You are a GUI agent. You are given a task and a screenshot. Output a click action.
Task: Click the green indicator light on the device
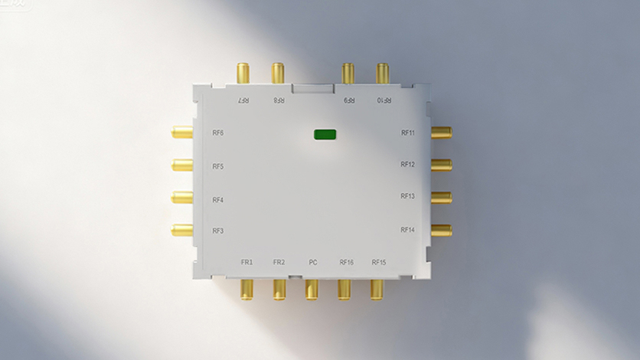(x=325, y=135)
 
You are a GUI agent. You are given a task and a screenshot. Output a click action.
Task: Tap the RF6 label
(x=218, y=133)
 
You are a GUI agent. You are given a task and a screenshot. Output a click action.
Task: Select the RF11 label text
(x=407, y=133)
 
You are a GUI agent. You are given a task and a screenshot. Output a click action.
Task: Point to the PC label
(x=312, y=263)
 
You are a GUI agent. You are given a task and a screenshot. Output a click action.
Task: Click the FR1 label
(x=247, y=263)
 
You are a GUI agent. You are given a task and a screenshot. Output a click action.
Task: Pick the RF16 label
(x=346, y=263)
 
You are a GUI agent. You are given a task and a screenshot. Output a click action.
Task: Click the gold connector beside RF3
(x=182, y=230)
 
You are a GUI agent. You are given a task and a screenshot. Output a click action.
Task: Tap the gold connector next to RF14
(x=441, y=230)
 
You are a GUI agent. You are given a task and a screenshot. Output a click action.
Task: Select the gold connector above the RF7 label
(x=243, y=74)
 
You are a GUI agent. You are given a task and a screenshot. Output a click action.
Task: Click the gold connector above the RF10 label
(x=383, y=74)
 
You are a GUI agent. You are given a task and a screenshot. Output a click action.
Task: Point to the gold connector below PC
(x=312, y=289)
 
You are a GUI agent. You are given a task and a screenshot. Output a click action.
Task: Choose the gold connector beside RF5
(x=182, y=165)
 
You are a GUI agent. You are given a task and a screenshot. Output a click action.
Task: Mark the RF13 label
(x=407, y=197)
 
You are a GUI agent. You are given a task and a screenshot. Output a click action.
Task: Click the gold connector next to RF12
(x=441, y=165)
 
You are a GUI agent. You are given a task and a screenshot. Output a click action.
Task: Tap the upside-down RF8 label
(x=279, y=100)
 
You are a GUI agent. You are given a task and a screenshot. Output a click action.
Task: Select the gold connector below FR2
(x=279, y=289)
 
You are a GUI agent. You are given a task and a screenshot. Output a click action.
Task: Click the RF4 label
(x=218, y=200)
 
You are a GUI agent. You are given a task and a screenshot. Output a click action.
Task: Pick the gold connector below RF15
(x=377, y=289)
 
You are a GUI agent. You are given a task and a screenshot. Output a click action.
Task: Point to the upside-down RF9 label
(x=349, y=100)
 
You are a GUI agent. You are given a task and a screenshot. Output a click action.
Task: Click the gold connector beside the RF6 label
(x=182, y=133)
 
